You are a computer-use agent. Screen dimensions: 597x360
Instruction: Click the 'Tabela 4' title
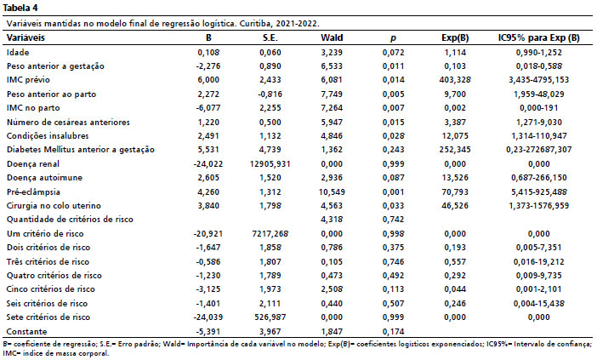20,8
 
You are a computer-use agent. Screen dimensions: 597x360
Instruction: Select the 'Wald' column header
332,37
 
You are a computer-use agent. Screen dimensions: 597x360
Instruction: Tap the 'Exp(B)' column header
455,37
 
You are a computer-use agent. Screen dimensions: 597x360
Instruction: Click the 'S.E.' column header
270,37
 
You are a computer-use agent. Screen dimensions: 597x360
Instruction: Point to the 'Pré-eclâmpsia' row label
33,191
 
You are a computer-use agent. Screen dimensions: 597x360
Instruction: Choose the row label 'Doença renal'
33,163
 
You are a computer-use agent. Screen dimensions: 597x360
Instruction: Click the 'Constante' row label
26,331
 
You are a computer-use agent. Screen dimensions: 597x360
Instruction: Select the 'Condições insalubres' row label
48,135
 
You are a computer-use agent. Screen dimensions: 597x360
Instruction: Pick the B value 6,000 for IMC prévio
208,80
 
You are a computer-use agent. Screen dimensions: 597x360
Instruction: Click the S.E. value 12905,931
270,163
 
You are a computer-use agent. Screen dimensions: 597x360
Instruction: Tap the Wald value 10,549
332,191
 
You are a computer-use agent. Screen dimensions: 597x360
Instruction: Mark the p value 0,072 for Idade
393,52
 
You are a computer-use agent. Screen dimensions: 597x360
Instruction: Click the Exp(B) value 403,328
455,80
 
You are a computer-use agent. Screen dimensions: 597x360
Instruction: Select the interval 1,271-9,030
539,122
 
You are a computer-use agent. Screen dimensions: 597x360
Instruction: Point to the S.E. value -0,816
270,94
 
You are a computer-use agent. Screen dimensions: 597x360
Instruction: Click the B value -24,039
208,317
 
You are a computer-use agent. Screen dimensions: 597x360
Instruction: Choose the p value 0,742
393,219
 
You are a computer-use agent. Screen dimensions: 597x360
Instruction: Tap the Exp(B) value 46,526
455,206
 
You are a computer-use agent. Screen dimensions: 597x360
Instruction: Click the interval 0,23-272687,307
539,149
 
